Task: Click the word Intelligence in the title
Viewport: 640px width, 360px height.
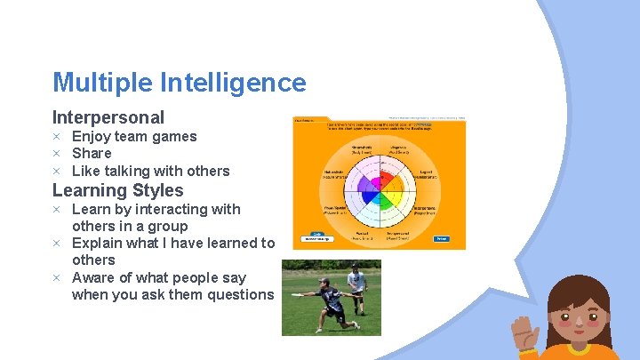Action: [x=233, y=83]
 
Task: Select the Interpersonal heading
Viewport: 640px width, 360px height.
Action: [x=108, y=117]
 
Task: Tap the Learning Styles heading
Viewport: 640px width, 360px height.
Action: [x=117, y=190]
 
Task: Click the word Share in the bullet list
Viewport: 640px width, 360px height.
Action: [x=92, y=154]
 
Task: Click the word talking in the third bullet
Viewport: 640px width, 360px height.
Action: [x=131, y=171]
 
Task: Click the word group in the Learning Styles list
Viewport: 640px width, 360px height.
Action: [x=165, y=226]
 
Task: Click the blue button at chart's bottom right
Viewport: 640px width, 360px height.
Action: [x=441, y=238]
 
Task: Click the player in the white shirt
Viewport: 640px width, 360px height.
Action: [x=356, y=283]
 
